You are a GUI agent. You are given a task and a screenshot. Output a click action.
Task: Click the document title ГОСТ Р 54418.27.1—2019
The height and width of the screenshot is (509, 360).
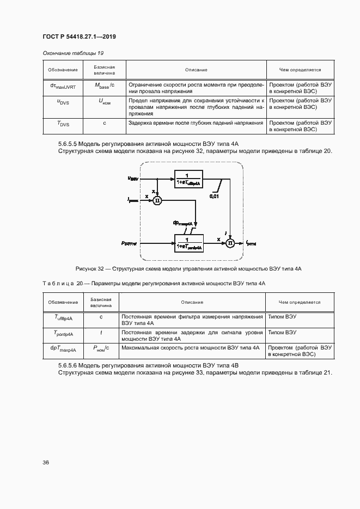79,37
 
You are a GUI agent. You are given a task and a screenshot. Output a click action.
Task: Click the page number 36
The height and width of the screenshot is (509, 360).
46,462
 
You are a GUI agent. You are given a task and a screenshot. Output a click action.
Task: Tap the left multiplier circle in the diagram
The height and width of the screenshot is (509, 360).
157,200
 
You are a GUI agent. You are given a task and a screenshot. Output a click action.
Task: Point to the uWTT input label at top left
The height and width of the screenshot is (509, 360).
133,178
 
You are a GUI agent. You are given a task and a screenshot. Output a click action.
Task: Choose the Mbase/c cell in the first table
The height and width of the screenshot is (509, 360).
104,85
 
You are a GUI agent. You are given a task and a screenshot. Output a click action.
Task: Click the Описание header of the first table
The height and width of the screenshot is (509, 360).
196,70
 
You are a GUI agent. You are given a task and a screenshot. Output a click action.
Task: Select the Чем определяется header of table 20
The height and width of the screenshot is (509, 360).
300,302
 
